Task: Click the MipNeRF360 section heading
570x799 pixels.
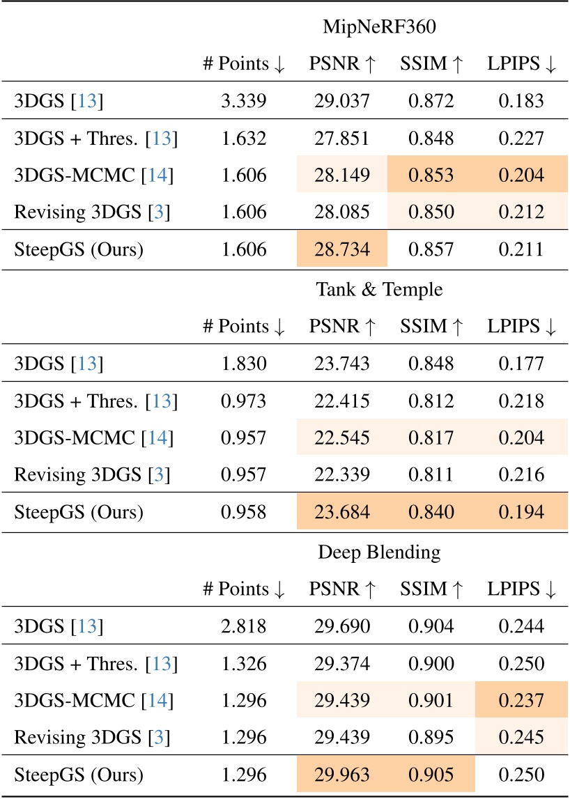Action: coord(382,28)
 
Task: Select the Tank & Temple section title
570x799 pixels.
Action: coord(382,289)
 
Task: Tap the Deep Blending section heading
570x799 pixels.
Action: coord(382,552)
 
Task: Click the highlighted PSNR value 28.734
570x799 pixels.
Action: coord(342,250)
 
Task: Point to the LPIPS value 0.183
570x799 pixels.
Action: coord(521,102)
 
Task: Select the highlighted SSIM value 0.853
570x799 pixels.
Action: coord(431,176)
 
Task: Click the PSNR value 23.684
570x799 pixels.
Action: coord(342,512)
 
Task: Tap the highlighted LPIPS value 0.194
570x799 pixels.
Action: coord(521,512)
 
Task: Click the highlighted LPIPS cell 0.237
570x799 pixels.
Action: coord(521,701)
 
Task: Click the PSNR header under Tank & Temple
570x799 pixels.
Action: coord(342,326)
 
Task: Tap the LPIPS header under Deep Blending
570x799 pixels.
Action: coord(521,589)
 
